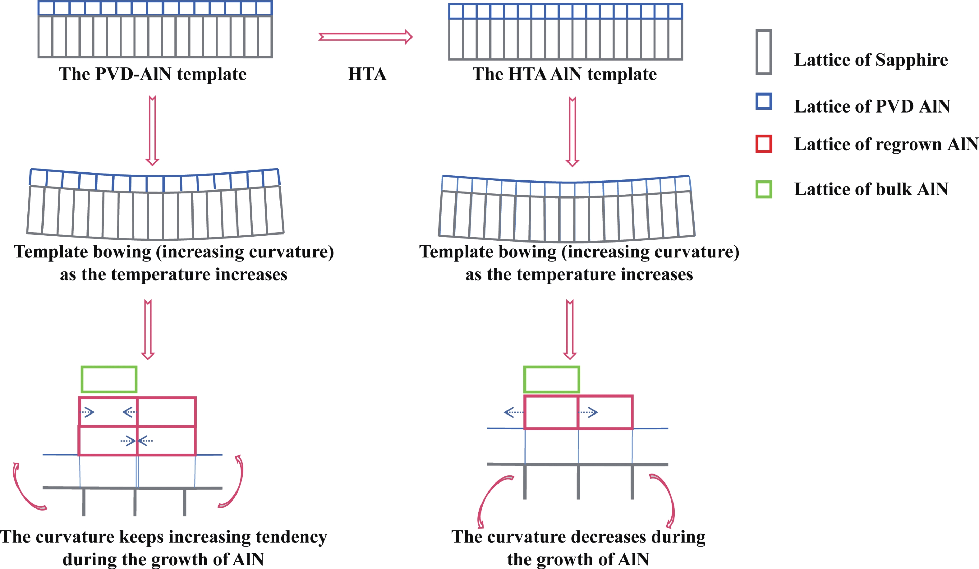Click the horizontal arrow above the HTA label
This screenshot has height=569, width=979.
(x=365, y=37)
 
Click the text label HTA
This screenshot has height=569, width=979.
(x=367, y=74)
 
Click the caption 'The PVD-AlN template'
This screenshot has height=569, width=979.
(x=153, y=74)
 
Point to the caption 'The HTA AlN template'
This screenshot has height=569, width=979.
(x=564, y=74)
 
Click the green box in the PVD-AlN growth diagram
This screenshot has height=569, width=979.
(x=109, y=379)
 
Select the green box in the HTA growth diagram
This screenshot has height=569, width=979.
(x=551, y=379)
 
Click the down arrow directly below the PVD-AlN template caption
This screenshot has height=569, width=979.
(x=152, y=131)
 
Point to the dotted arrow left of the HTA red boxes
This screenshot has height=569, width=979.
(x=513, y=412)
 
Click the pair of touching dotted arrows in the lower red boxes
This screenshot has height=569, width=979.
(x=137, y=441)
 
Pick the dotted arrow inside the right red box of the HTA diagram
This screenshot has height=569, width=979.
(x=588, y=412)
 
